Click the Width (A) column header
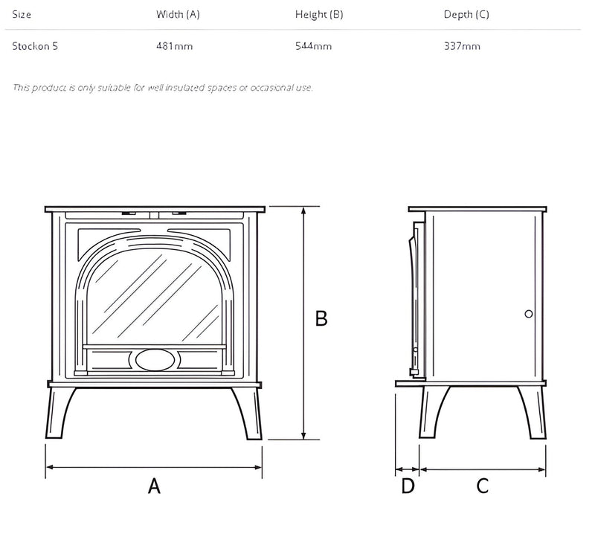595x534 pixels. pos(178,14)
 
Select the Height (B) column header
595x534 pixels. pos(319,14)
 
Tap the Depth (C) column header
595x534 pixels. pos(466,14)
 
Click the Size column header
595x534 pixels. pos(22,14)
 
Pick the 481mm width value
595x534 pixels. pos(175,46)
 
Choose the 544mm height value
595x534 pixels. pos(313,46)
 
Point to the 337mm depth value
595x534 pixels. pos(462,46)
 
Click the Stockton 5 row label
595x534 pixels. pos(35,46)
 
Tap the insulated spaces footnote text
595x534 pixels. pos(163,88)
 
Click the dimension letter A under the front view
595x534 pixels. pos(154,486)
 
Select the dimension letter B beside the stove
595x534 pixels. pos(321,318)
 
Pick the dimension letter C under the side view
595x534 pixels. pos(483,486)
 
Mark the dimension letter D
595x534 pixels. pos(408,486)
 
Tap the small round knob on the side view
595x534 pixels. pos(529,314)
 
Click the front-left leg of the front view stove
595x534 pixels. pos(59,413)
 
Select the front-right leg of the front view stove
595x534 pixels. pos(248,413)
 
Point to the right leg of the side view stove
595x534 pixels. pos(533,413)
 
